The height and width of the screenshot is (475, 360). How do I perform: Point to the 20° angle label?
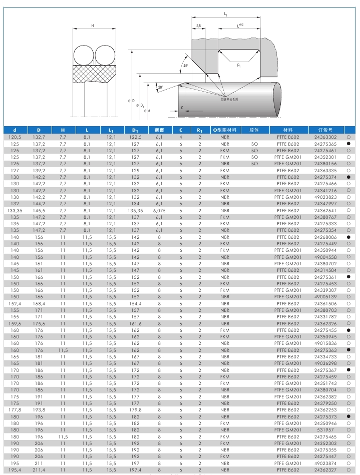[x=160, y=87]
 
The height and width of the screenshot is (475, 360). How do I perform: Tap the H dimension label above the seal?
[x=92, y=26]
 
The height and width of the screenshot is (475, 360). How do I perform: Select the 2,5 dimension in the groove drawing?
[x=199, y=25]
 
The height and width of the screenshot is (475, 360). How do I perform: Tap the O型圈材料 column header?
[x=224, y=130]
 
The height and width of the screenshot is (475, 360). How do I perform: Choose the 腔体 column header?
[x=254, y=130]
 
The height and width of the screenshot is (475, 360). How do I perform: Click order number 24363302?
[x=325, y=137]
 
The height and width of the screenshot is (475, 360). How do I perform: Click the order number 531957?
[x=325, y=429]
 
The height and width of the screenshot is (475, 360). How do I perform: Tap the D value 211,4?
[x=39, y=469]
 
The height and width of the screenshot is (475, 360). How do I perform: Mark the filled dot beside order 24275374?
[x=347, y=177]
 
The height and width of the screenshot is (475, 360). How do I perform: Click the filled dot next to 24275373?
[x=347, y=416]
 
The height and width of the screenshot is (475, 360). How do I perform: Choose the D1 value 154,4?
[x=135, y=303]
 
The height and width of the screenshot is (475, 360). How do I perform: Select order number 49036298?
[x=325, y=363]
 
